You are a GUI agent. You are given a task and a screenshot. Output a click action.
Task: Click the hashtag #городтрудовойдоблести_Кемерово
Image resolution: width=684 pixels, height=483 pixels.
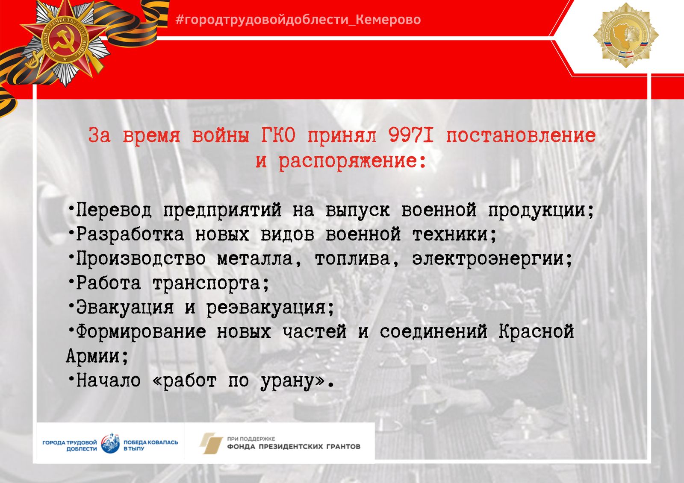pyautogui.click(x=298, y=20)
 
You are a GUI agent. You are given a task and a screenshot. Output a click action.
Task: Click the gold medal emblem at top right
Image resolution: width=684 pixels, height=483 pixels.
pyautogui.click(x=626, y=35)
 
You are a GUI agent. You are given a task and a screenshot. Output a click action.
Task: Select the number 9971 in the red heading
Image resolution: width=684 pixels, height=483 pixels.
pyautogui.click(x=411, y=135)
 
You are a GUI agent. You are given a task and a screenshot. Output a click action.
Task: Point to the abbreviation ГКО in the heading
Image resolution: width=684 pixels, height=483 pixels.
pyautogui.click(x=278, y=135)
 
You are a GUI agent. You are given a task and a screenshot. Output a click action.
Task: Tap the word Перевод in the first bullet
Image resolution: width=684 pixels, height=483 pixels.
pyautogui.click(x=114, y=210)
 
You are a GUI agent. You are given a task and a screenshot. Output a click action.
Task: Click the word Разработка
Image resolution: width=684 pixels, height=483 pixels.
pyautogui.click(x=130, y=234)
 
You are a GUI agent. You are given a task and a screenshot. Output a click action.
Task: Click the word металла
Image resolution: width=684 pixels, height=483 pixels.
pyautogui.click(x=255, y=259)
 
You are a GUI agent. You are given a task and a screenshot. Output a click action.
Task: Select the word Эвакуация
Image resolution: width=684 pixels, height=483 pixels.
pyautogui.click(x=124, y=307)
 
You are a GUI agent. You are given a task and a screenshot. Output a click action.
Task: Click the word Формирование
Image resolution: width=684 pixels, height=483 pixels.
pyautogui.click(x=141, y=332)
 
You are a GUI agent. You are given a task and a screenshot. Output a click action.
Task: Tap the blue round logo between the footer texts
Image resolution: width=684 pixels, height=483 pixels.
pyautogui.click(x=110, y=443)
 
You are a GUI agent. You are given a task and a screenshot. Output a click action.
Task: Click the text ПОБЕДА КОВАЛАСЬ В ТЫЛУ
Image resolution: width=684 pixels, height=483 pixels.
pyautogui.click(x=150, y=445)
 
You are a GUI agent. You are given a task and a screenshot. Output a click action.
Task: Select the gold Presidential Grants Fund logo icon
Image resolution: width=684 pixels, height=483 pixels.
pyautogui.click(x=211, y=443)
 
